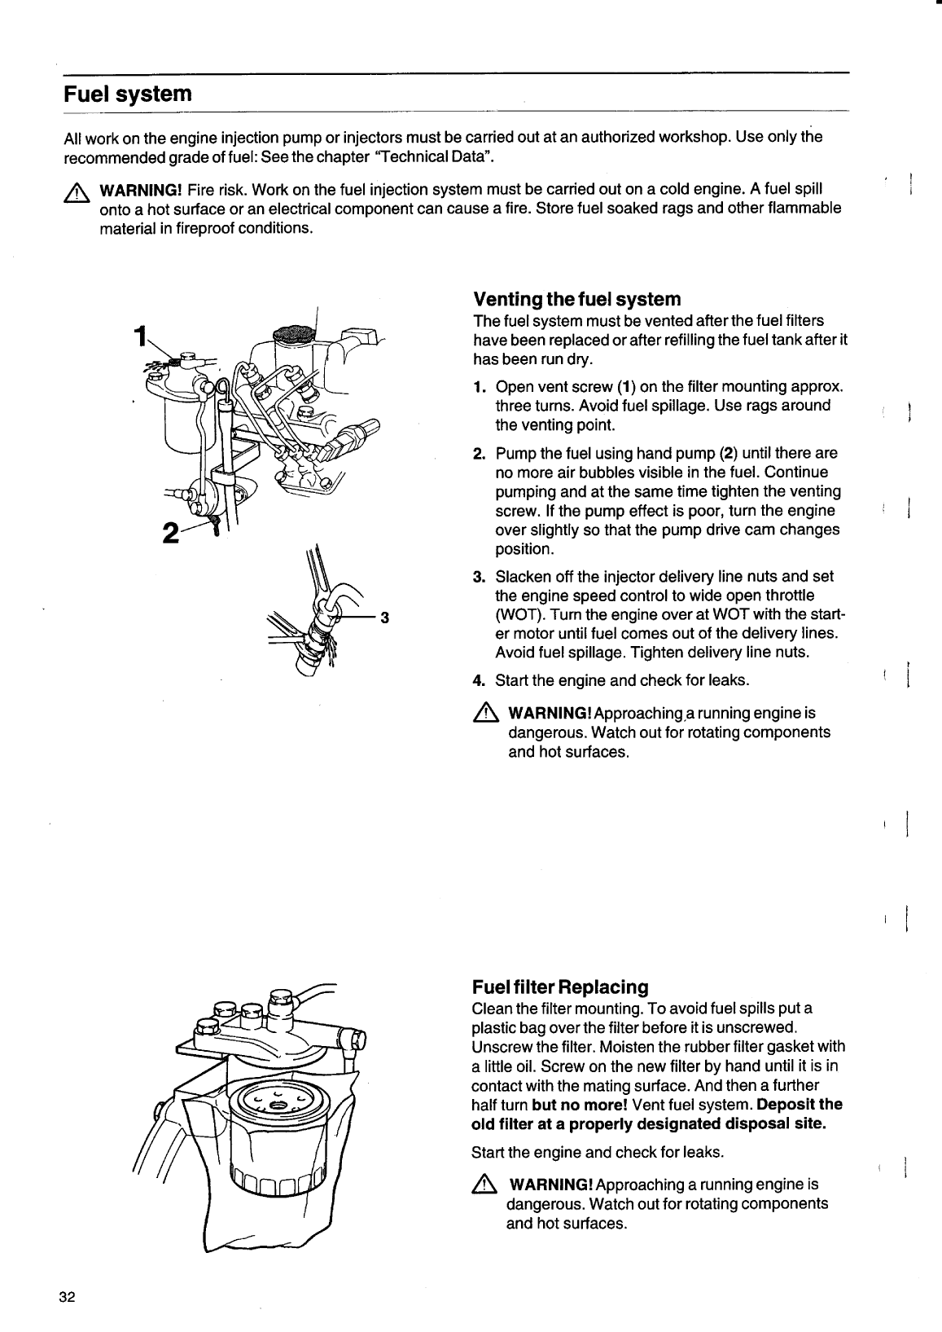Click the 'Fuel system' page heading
128,94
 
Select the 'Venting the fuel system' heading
576,298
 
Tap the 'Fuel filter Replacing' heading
559,987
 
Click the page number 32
67,1297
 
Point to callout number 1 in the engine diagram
142,335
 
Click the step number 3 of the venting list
479,577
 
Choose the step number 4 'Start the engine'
479,679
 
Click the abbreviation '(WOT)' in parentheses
516,615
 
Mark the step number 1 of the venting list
479,386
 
